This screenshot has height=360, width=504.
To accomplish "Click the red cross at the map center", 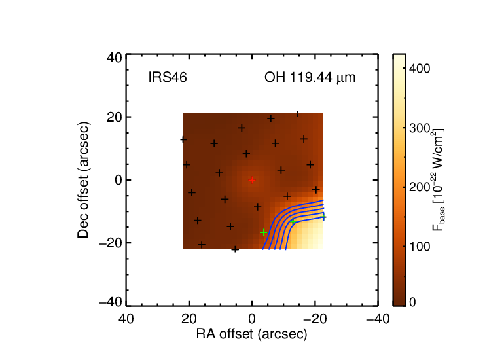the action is pyautogui.click(x=252, y=180).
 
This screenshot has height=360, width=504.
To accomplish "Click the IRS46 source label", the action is pyautogui.click(x=168, y=77).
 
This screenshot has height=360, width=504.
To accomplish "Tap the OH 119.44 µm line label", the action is pyautogui.click(x=310, y=77).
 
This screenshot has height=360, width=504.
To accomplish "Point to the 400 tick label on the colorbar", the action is pyautogui.click(x=420, y=69).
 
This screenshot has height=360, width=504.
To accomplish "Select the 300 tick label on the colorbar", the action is pyautogui.click(x=420, y=128).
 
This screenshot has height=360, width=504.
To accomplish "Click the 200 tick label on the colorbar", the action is pyautogui.click(x=420, y=187).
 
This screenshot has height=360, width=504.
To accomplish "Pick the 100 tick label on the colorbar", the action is pyautogui.click(x=420, y=247).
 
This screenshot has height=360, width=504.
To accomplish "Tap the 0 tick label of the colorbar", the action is pyautogui.click(x=413, y=302).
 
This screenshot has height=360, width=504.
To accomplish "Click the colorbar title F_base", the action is pyautogui.click(x=438, y=179).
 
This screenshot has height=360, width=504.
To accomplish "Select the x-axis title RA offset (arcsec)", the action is pyautogui.click(x=252, y=334).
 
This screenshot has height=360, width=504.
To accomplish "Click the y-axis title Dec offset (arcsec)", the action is pyautogui.click(x=83, y=180).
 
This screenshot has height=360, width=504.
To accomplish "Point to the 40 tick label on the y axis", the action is pyautogui.click(x=115, y=58).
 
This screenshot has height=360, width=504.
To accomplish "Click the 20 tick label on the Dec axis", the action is pyautogui.click(x=115, y=117).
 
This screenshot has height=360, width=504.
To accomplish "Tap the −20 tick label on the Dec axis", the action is pyautogui.click(x=111, y=243).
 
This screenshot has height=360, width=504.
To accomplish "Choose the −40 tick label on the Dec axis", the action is pyautogui.click(x=111, y=302).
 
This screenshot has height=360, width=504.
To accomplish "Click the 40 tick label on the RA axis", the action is pyautogui.click(x=126, y=319).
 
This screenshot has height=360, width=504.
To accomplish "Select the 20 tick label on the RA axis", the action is pyautogui.click(x=189, y=319).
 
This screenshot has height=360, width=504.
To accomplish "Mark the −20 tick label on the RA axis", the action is pyautogui.click(x=315, y=319).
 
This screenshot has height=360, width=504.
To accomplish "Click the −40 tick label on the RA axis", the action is pyautogui.click(x=378, y=319).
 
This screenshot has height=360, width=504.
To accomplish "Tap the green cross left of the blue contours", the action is pyautogui.click(x=264, y=232).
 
